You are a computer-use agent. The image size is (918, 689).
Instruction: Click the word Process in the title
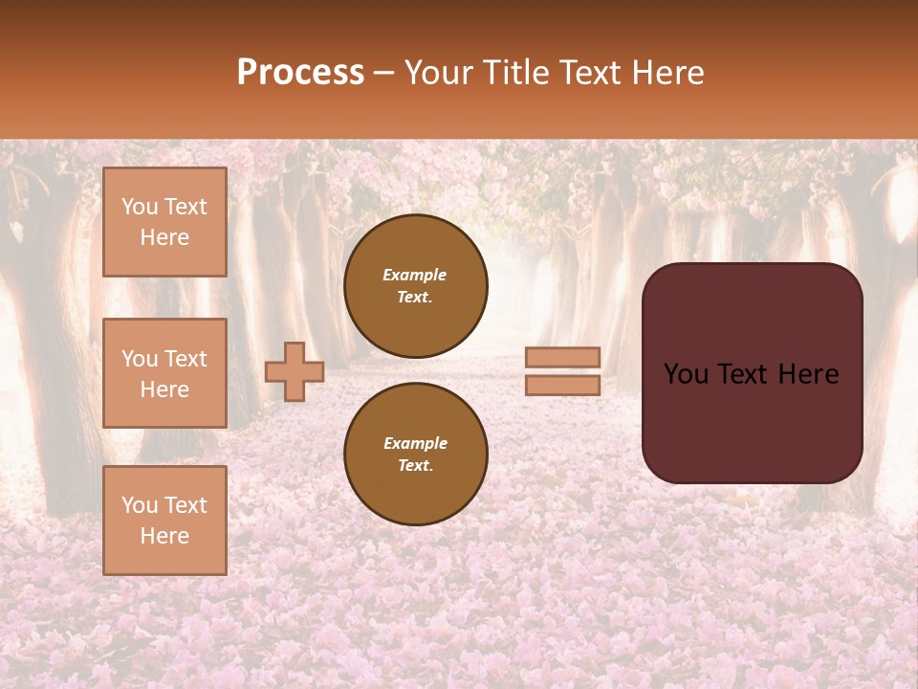pos(300,72)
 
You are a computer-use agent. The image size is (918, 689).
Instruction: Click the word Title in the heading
pos(513,72)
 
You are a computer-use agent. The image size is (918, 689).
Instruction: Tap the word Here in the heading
pos(667,72)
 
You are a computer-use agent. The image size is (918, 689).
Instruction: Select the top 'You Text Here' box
pos(164,222)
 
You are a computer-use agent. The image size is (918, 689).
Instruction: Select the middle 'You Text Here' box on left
pos(164,373)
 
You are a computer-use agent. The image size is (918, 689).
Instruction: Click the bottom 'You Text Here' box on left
pos(164,520)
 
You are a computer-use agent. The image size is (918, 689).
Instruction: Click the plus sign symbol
pos(295,371)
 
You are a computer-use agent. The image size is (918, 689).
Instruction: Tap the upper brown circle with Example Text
pos(416,285)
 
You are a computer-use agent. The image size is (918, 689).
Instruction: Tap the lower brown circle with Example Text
pos(416,454)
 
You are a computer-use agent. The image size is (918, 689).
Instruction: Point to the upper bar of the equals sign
pos(563,358)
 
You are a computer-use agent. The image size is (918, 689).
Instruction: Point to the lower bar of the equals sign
pos(563,385)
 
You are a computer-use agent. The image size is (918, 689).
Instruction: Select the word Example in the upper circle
pos(415,275)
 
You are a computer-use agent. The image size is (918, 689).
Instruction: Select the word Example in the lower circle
pos(415,443)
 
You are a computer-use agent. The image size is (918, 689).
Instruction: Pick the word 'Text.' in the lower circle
pos(415,465)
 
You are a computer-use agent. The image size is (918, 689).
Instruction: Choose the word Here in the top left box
pos(164,237)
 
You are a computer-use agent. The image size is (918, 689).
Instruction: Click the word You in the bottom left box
pos(140,505)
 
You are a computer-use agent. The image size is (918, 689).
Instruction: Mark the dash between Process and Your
pos(384,72)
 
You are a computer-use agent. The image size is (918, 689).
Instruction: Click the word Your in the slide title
pos(440,72)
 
